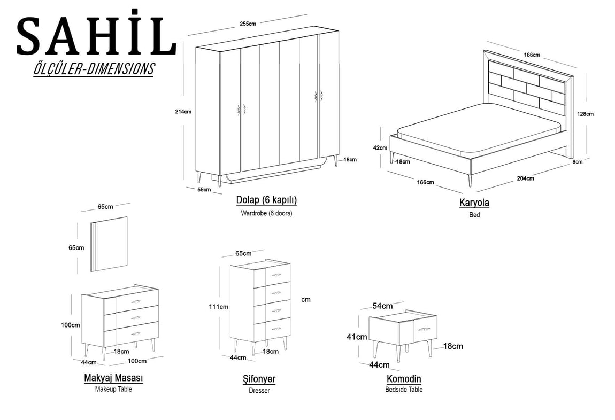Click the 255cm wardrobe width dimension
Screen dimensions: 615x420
(x=248, y=24)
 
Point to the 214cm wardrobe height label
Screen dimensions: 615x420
(x=183, y=112)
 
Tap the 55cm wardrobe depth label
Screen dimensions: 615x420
(x=204, y=190)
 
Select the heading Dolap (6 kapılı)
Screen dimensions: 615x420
(x=266, y=200)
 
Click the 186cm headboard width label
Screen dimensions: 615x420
(x=532, y=55)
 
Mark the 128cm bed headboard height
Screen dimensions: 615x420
(x=585, y=114)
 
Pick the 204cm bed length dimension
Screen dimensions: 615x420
(x=525, y=178)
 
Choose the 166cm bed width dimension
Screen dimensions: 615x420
(x=426, y=182)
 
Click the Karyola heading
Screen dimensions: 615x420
(x=474, y=203)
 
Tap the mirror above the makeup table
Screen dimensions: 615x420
(x=109, y=244)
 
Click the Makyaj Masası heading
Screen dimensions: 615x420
(x=113, y=378)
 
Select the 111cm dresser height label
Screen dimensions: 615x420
(x=219, y=307)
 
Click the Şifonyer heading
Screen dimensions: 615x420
(x=259, y=379)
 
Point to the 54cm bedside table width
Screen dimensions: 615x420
(x=382, y=306)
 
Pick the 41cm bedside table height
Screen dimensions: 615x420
(x=357, y=337)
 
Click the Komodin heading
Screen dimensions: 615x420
(x=404, y=379)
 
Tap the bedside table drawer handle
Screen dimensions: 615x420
(x=425, y=328)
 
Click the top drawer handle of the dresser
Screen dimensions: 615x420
(x=276, y=275)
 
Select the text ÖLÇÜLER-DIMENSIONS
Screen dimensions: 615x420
(x=94, y=69)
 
